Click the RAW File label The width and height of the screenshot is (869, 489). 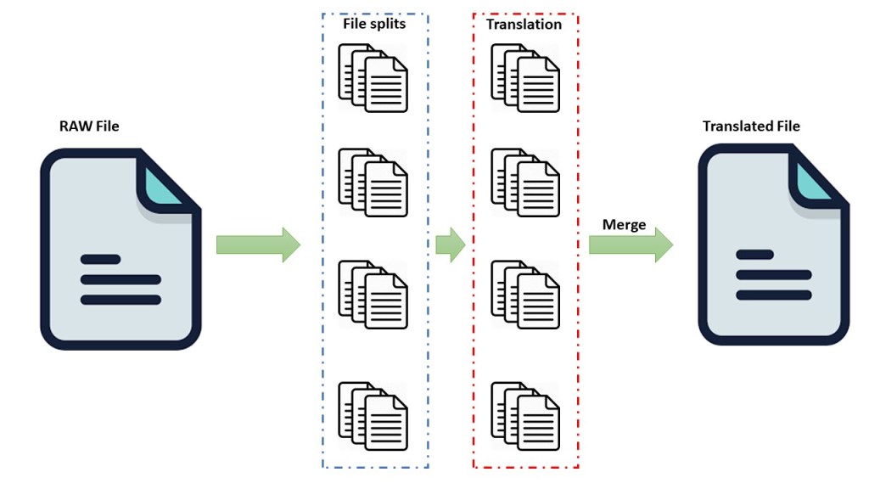(89, 126)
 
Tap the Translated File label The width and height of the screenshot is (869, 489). (751, 126)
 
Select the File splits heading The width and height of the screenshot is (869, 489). (374, 24)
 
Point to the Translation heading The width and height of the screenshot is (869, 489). (524, 25)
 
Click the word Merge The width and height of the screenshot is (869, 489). (624, 225)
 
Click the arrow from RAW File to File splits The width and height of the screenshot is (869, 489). (258, 245)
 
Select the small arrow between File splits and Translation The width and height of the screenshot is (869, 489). (450, 245)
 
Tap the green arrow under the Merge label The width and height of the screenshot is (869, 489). (631, 245)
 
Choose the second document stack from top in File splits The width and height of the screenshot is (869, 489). (373, 181)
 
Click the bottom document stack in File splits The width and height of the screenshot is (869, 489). (373, 415)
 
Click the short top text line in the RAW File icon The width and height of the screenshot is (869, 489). (99, 260)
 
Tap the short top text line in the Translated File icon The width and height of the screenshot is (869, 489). (754, 255)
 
